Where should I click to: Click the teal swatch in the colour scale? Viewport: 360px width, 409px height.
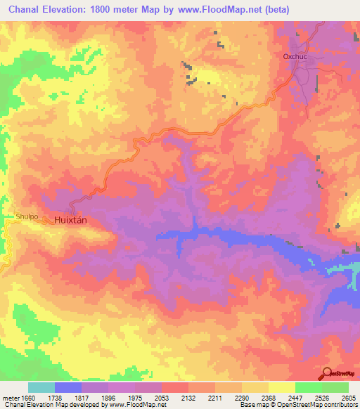41,387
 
